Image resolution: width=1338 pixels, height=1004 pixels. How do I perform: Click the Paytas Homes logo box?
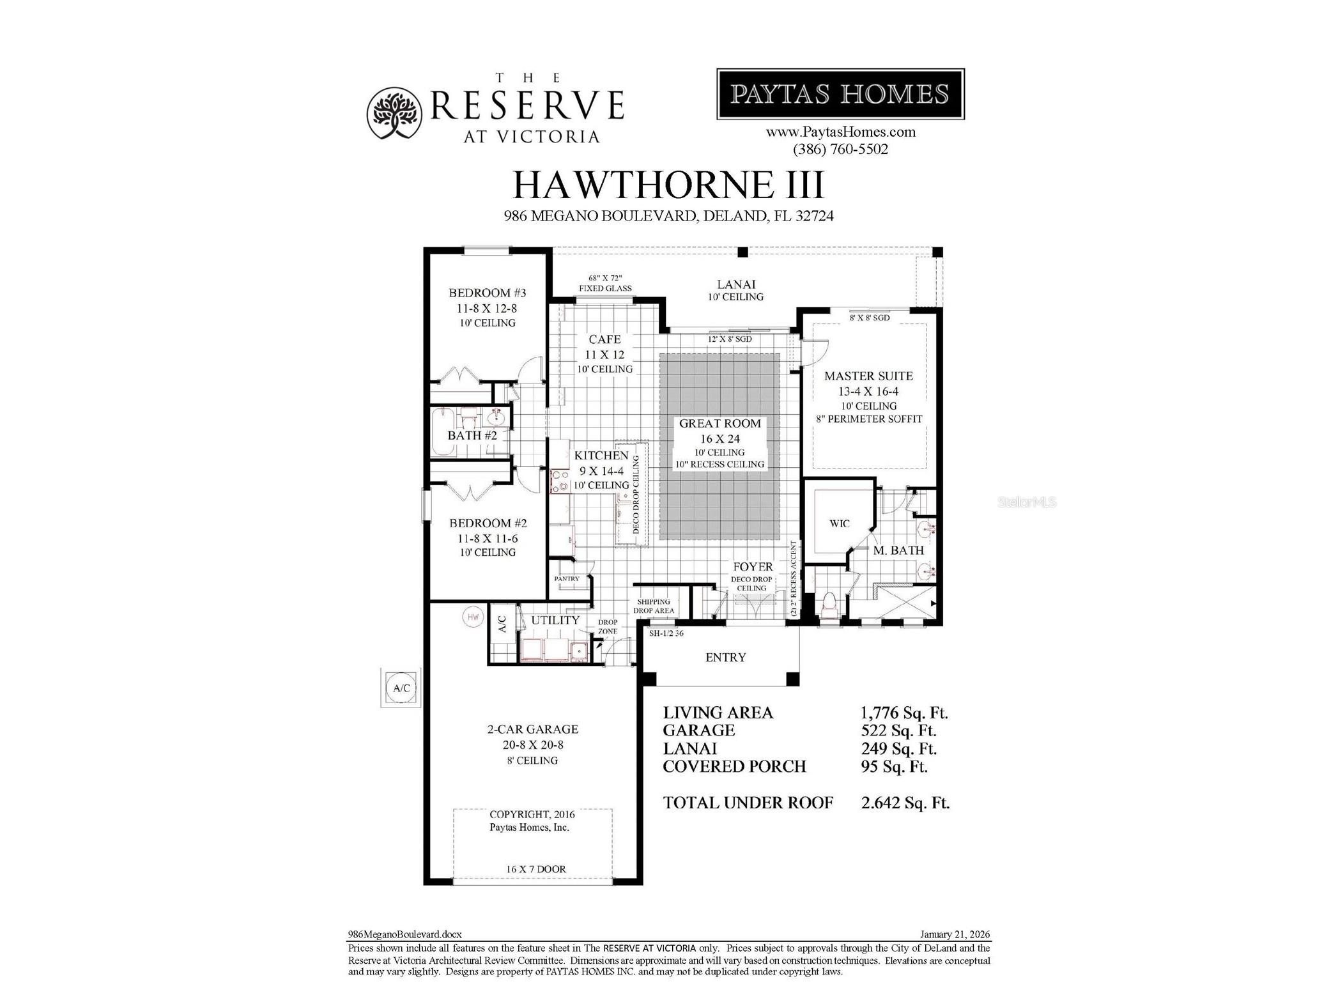(840, 94)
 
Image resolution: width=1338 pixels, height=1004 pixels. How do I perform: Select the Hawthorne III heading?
(668, 185)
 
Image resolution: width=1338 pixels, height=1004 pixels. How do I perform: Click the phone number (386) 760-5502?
(840, 150)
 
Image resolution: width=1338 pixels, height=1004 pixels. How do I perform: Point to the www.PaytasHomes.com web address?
(840, 132)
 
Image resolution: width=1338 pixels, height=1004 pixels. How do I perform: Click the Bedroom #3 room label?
(487, 293)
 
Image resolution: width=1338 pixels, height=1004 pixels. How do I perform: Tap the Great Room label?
(719, 424)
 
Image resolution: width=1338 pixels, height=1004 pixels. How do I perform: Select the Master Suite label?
(868, 376)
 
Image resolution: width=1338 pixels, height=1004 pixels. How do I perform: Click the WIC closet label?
(839, 524)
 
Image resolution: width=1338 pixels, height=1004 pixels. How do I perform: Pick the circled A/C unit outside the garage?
(401, 688)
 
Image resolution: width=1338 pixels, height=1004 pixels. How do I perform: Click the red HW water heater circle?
(473, 617)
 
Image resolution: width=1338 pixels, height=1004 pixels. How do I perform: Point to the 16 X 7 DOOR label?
(535, 869)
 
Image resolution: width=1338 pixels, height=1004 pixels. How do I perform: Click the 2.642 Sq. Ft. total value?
(905, 803)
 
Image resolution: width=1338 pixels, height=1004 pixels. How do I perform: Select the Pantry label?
(566, 579)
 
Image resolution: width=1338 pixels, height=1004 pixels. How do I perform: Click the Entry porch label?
(725, 658)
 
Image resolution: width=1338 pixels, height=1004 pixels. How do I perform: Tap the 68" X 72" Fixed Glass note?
(605, 284)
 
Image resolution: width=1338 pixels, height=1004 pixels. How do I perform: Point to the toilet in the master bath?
(829, 604)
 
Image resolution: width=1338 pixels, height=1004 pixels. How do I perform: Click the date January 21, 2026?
(955, 934)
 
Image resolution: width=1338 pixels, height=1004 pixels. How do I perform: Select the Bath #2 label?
(472, 436)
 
